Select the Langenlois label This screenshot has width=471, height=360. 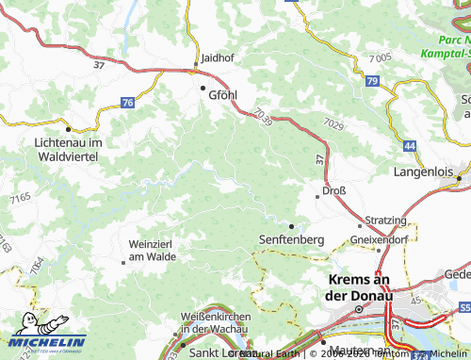point(423,172)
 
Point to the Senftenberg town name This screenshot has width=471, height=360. point(291,240)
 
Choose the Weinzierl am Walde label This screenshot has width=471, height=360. point(152,250)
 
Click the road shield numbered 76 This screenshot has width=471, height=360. point(128,102)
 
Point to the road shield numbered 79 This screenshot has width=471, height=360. point(373,84)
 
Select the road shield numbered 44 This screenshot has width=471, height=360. point(409,146)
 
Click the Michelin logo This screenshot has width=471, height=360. point(45,341)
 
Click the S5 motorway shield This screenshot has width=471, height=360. point(463,307)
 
